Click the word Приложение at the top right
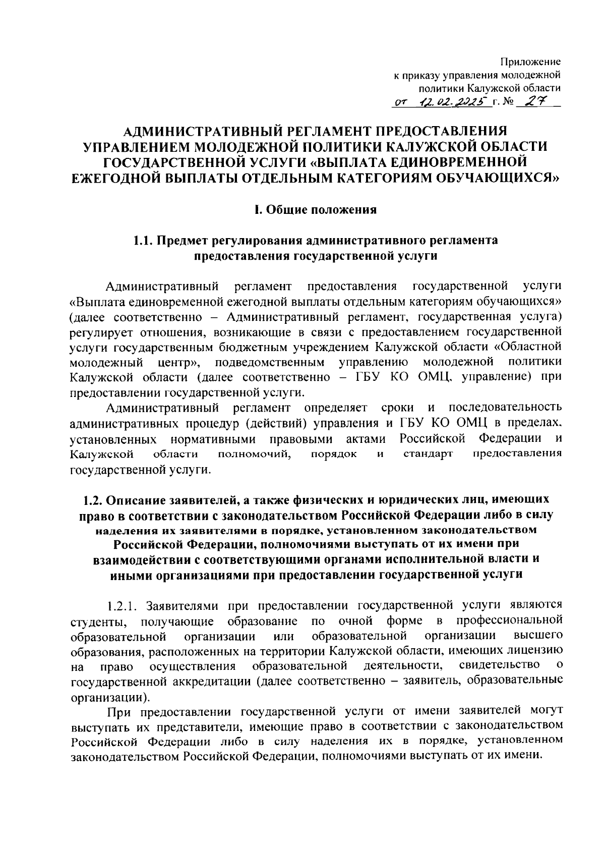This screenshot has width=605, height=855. pos(530,62)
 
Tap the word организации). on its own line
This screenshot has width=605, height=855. pos(110,698)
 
